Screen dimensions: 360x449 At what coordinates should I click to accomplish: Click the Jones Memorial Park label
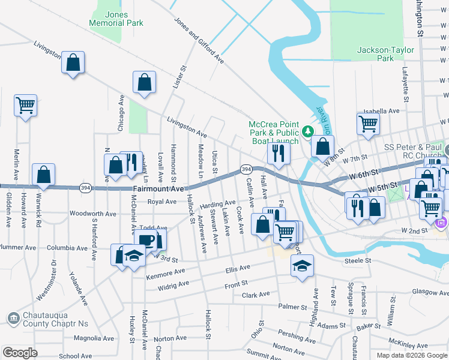click(116, 19)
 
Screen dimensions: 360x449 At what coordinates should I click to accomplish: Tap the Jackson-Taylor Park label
click(384, 54)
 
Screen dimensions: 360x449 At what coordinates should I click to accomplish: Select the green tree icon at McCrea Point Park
click(307, 130)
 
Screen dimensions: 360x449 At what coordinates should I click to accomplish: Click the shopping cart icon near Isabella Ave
click(369, 124)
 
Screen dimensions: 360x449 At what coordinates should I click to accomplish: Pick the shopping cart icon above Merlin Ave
click(26, 106)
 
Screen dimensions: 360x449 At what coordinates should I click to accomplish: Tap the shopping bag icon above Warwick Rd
click(44, 175)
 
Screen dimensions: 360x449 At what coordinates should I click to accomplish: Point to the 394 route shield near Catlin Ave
click(246, 170)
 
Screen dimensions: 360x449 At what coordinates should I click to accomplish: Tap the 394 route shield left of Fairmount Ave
click(86, 188)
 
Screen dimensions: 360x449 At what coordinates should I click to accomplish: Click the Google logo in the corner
click(20, 353)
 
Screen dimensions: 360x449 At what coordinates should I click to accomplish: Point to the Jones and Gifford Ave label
click(199, 40)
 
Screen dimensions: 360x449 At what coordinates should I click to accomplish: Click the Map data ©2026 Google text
click(412, 355)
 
